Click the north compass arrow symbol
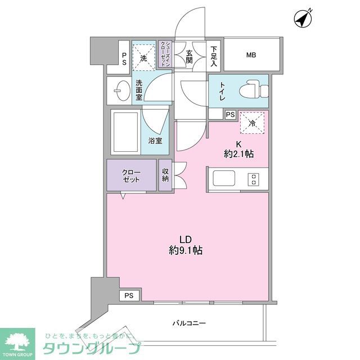click(x=304, y=20)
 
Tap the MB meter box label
click(x=250, y=55)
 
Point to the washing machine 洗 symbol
click(x=144, y=57)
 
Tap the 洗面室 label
click(x=139, y=91)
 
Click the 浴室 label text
click(x=156, y=141)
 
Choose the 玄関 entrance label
click(x=190, y=55)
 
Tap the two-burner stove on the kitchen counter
click(x=254, y=179)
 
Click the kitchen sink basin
click(x=222, y=179)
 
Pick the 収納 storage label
click(x=165, y=175)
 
